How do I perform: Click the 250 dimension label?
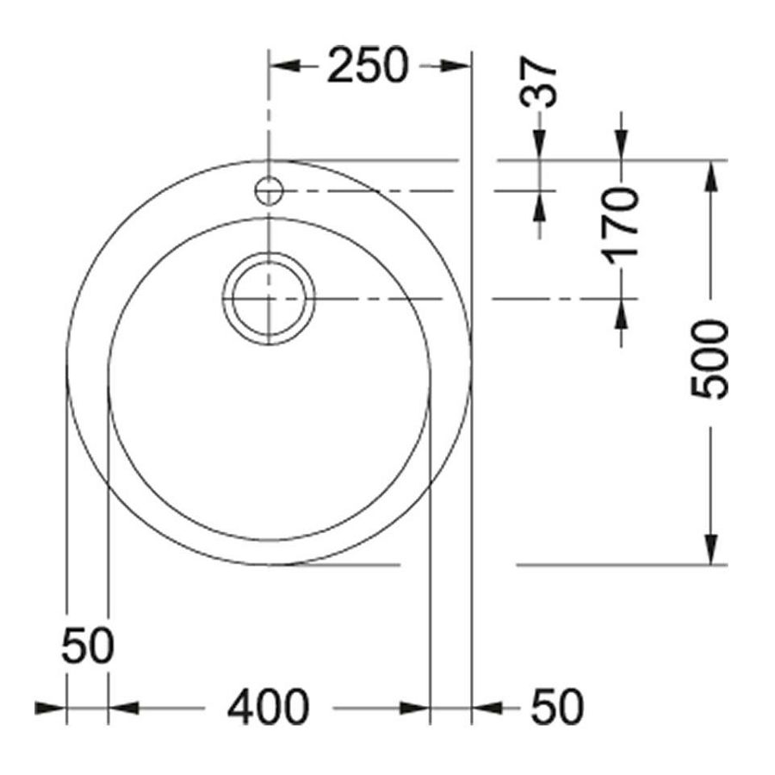(x=366, y=66)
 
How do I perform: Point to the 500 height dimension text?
(x=710, y=359)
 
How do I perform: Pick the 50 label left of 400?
(x=87, y=646)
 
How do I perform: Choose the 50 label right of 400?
(x=557, y=708)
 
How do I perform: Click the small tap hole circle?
(x=270, y=189)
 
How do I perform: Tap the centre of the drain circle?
(x=270, y=298)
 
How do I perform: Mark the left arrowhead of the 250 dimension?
(x=284, y=66)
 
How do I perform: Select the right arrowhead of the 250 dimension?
(x=456, y=66)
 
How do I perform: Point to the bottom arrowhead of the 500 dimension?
(x=710, y=549)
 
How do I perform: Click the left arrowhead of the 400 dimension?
(x=123, y=708)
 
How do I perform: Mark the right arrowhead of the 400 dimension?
(x=414, y=708)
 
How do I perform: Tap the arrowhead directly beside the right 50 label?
(x=487, y=708)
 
